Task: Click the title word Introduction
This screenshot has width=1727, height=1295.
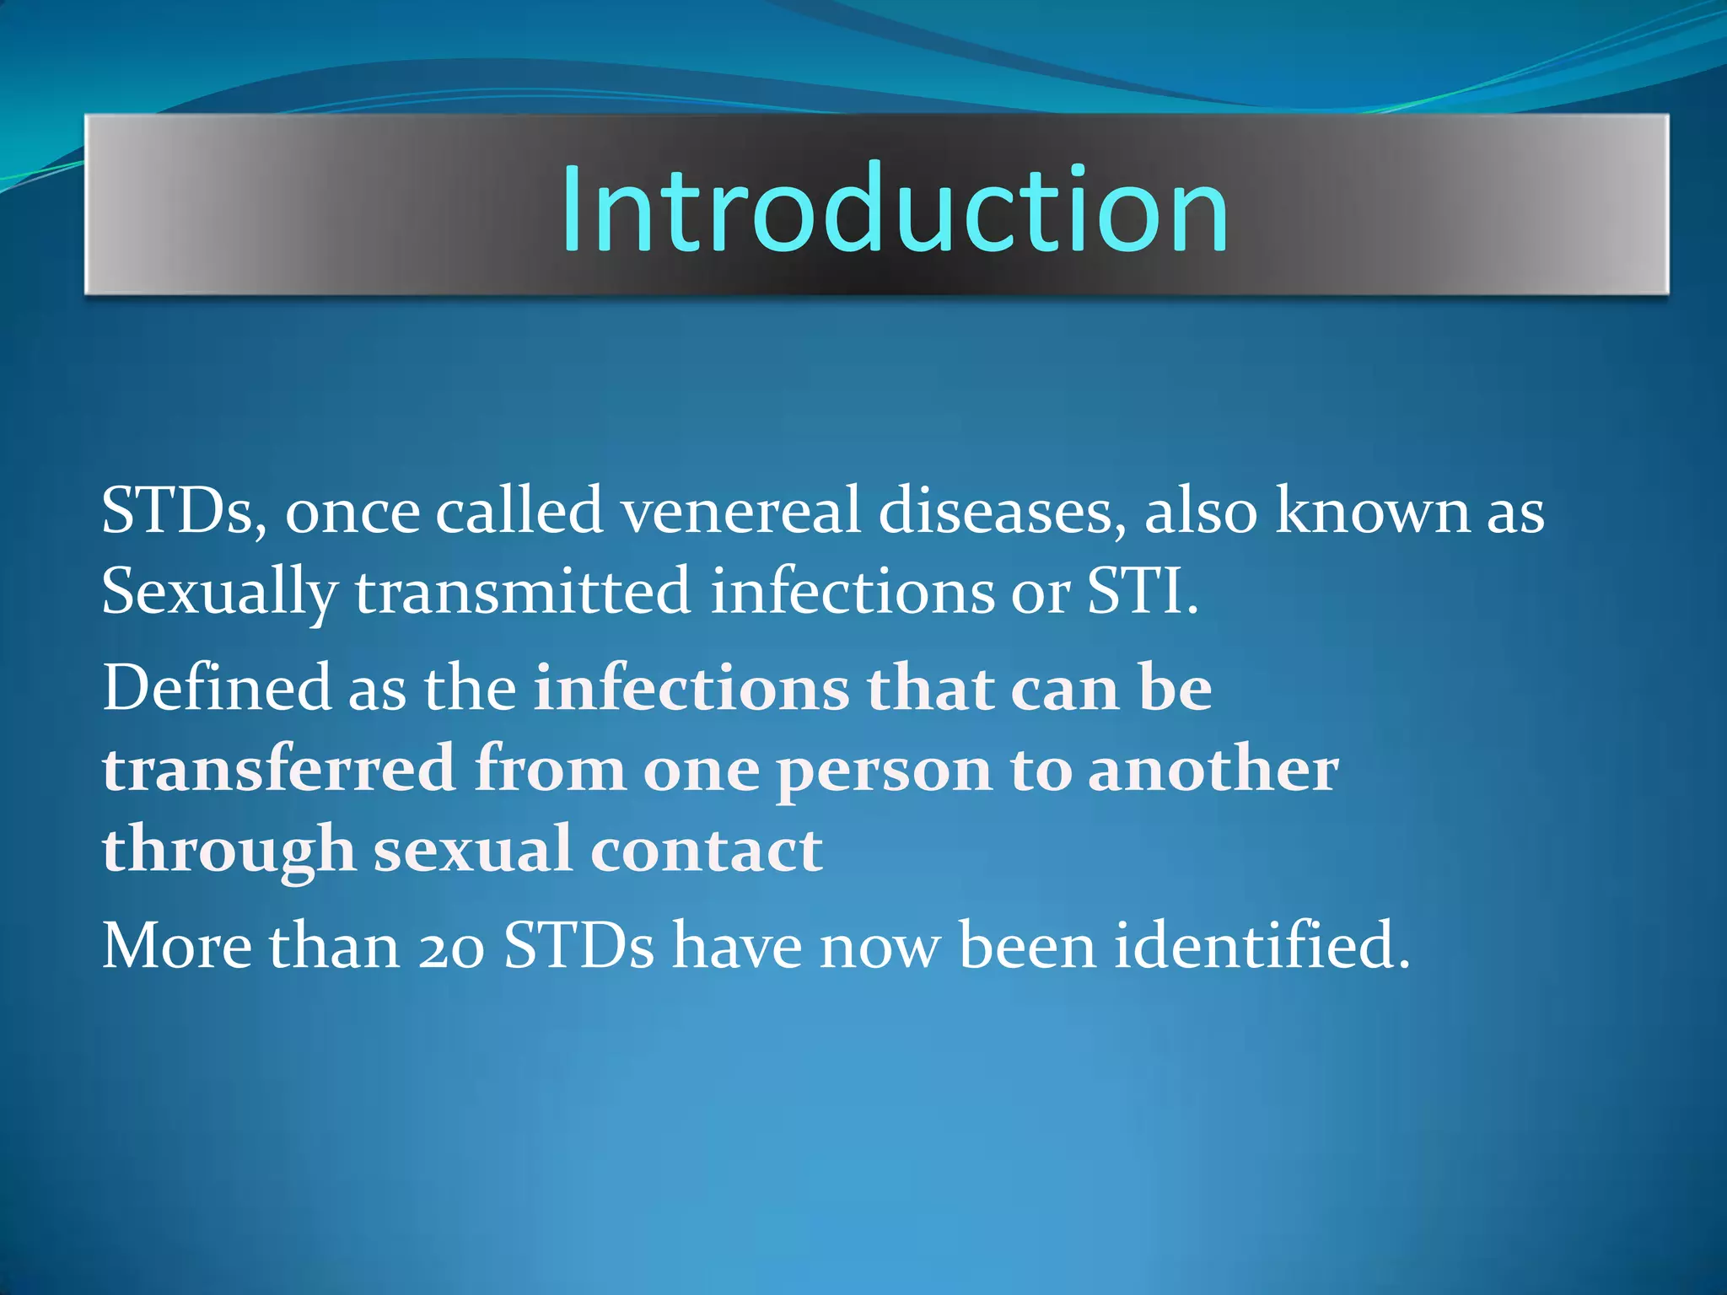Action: click(x=894, y=208)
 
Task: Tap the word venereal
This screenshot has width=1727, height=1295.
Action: click(x=741, y=512)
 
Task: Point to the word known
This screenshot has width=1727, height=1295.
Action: click(x=1372, y=512)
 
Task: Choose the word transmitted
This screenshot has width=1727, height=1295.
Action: click(x=523, y=591)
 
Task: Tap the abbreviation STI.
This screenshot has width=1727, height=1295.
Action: click(x=1141, y=591)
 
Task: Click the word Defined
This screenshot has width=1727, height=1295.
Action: click(x=217, y=688)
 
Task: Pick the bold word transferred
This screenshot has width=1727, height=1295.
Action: click(x=279, y=769)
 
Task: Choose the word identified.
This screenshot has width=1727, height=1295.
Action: click(x=1262, y=946)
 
